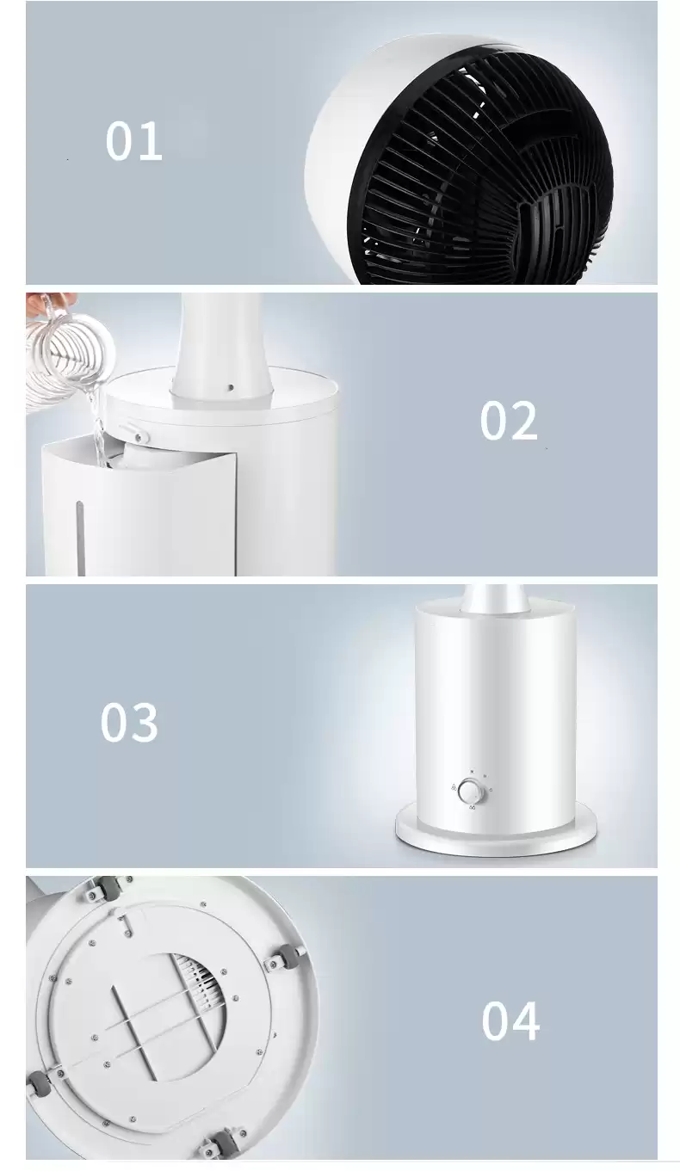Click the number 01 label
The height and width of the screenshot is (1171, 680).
134,140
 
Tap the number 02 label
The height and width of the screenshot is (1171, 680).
509,421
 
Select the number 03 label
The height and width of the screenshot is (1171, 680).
129,722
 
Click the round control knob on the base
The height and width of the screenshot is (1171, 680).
472,791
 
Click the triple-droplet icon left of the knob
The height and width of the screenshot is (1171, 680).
454,786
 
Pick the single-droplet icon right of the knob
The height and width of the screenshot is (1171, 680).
490,790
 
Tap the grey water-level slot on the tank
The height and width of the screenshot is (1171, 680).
81,538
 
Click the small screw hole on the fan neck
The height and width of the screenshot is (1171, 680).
231,387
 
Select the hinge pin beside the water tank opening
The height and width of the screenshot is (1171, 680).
139,436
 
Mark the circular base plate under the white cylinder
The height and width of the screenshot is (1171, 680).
496,833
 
